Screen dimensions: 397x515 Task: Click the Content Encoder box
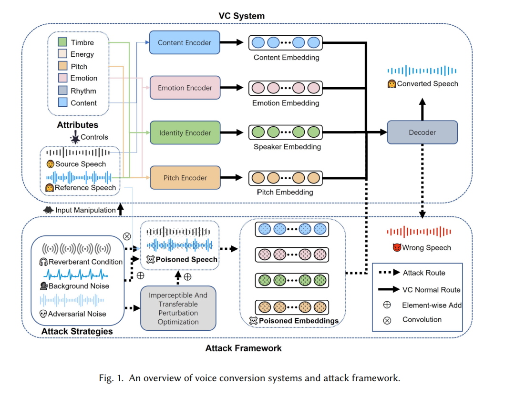185,43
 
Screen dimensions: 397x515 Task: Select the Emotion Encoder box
185,88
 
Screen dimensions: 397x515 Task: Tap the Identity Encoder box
185,133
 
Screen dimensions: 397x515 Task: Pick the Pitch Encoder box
185,178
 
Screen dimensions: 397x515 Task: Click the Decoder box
422,132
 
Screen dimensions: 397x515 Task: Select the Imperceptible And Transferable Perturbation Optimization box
178,308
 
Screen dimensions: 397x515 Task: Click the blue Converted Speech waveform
422,71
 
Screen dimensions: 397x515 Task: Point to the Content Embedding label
286,58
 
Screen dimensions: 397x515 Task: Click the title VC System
241,16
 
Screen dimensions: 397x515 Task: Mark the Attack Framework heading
243,348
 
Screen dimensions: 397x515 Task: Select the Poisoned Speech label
187,260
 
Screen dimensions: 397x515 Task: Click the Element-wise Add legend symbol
387,305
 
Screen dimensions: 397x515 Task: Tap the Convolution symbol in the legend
387,320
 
